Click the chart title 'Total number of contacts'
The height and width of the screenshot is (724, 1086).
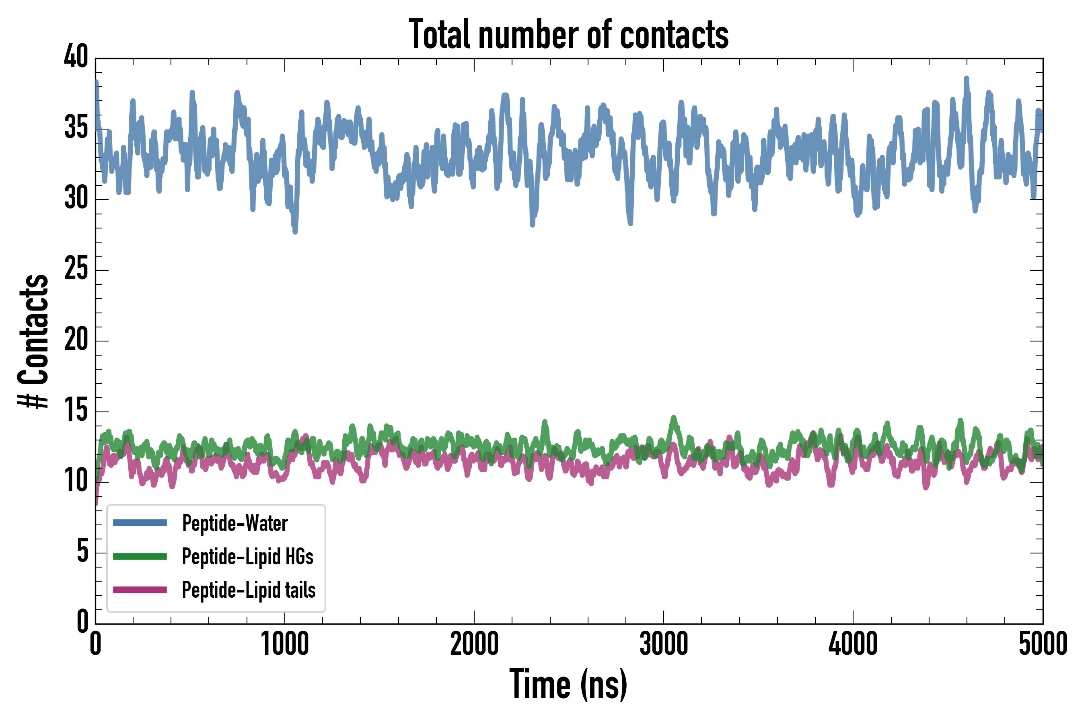pos(568,34)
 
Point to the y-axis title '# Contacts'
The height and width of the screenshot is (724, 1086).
pos(33,341)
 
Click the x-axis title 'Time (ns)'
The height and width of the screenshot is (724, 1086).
pos(568,684)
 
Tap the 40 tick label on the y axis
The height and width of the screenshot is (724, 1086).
pos(76,57)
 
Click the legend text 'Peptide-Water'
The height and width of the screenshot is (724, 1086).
pos(235,523)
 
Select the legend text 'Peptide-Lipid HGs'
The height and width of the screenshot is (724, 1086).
pos(247,556)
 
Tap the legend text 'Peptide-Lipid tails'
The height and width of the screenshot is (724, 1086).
pos(249,590)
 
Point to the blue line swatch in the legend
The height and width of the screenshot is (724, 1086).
pos(140,522)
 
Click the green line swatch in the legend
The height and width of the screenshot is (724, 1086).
pos(140,556)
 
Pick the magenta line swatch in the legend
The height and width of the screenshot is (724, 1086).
pos(140,590)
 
